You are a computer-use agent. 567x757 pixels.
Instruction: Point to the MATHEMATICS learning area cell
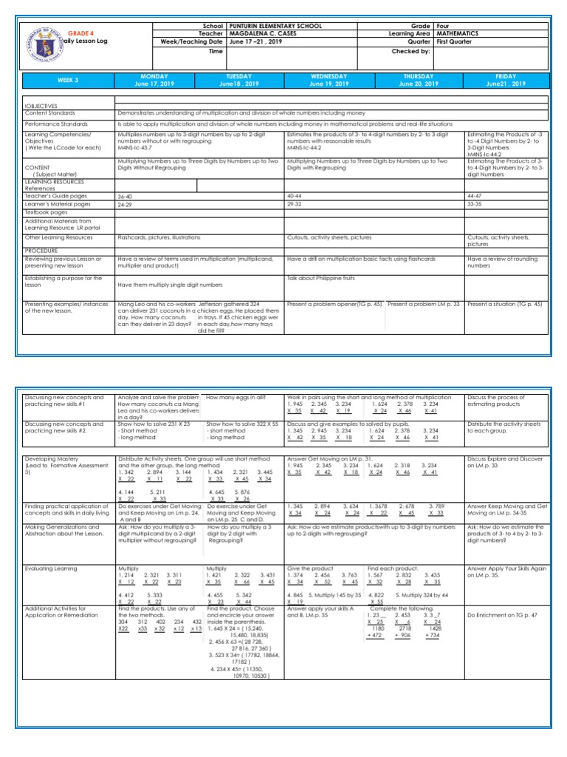[457, 34]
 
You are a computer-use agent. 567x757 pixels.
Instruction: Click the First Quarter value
[454, 43]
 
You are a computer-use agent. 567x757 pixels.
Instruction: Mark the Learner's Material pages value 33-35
[477, 204]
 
